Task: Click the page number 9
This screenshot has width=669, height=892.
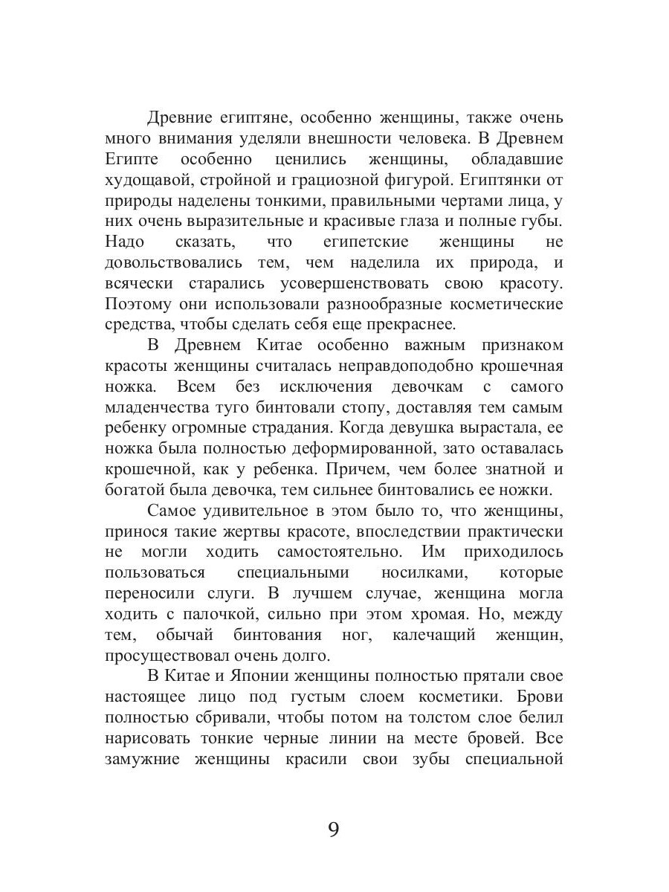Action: click(334, 829)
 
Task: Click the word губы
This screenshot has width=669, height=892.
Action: click(543, 222)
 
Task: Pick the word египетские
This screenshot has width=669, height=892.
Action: click(362, 242)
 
